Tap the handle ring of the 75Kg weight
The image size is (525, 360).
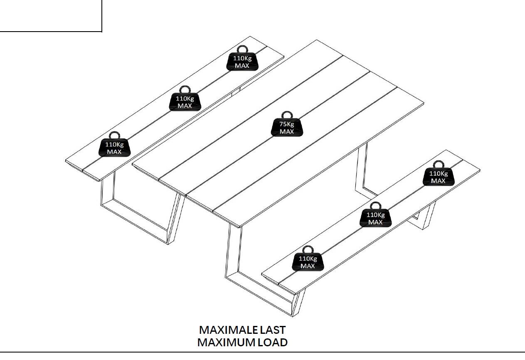(287, 115)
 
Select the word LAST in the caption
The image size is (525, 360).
(273, 330)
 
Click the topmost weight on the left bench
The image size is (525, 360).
(242, 62)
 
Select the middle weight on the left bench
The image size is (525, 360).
(185, 102)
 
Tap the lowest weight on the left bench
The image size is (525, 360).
(114, 148)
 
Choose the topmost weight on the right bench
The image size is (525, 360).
(438, 177)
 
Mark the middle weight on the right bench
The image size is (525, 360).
(375, 218)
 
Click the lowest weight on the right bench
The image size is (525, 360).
(308, 262)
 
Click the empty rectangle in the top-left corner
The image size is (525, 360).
(50, 15)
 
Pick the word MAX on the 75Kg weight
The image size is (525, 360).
(287, 132)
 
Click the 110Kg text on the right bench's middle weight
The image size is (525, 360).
(375, 215)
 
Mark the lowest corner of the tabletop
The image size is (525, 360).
(240, 227)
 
